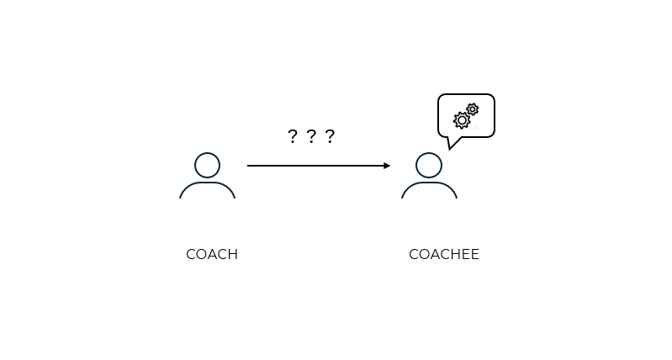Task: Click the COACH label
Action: [212, 254]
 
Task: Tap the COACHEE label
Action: [444, 254]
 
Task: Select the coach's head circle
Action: [207, 165]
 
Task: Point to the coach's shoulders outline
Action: [207, 184]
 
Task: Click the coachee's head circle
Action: [429, 165]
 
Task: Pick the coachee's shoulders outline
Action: [429, 184]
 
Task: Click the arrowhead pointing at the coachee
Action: [387, 166]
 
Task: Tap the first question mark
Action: [292, 136]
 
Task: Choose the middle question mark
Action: [311, 136]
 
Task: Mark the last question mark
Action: [330, 136]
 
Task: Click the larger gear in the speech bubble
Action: [462, 120]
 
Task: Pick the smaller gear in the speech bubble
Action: [473, 109]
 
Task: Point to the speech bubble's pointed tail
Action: [452, 144]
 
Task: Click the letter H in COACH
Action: [232, 254]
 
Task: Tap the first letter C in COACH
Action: [191, 254]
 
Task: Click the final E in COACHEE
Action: [475, 254]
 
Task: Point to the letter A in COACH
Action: [212, 254]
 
